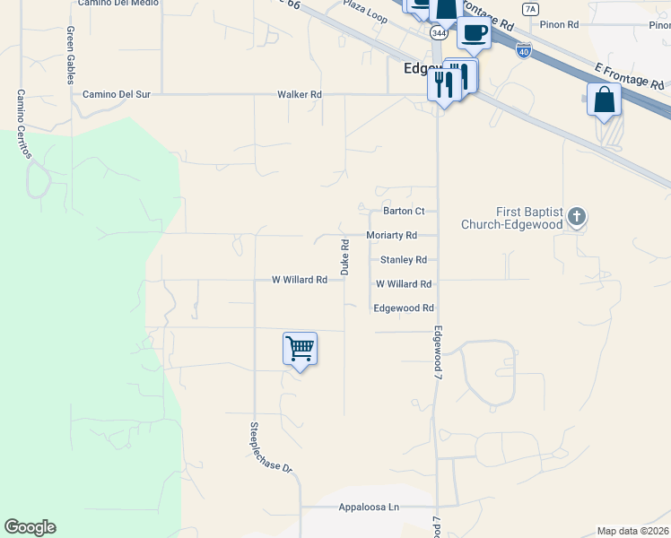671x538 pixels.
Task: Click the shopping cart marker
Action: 300,349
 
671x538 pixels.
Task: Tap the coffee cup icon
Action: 474,34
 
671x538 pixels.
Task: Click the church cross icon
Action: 576,216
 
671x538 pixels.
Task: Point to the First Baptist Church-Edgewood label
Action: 511,218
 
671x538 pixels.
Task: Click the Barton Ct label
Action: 404,212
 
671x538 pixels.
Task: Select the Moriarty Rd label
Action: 392,235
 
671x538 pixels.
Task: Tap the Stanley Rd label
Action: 404,260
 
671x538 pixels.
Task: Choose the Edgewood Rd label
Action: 403,308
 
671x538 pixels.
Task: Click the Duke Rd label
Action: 344,256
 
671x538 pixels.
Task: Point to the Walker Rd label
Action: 300,94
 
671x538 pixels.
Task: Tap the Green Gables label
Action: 70,55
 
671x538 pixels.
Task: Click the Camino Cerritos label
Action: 22,124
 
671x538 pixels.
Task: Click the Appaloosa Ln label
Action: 369,508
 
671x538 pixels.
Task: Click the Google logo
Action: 30,527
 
